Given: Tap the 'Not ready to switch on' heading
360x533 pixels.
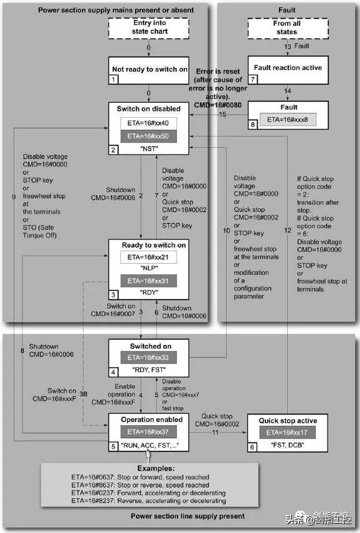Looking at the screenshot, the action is pos(149,69).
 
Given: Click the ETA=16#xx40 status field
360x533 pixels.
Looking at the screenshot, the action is pos(148,123).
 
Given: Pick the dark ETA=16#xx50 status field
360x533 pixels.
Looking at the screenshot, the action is pos(148,137).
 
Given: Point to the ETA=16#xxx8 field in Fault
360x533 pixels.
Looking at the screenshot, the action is pos(288,120).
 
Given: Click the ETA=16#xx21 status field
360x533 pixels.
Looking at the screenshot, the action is pos(148,257).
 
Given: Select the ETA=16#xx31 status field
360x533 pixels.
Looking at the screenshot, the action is pos(148,281).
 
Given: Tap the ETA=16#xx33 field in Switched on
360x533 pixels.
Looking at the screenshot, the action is pos(148,358).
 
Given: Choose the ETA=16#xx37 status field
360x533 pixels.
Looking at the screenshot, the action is pos(148,432).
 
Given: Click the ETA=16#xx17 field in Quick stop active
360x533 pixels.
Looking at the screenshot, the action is pos(287,433).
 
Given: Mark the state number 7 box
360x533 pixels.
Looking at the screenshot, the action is pos(253,80).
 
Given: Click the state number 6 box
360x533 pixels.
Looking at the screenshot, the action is pos(252,448).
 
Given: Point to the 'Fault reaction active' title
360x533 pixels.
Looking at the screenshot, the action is pos(288,68).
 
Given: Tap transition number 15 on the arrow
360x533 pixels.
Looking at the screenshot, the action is pos(222,114).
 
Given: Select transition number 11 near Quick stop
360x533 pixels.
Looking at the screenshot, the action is pos(215,433).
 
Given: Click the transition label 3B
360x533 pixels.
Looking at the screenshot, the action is pos(83,394).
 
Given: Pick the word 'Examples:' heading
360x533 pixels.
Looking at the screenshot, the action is pos(156,468).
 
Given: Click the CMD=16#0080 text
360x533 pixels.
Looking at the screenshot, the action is pos(218,105).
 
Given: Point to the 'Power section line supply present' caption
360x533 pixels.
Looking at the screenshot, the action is pos(188,516).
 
